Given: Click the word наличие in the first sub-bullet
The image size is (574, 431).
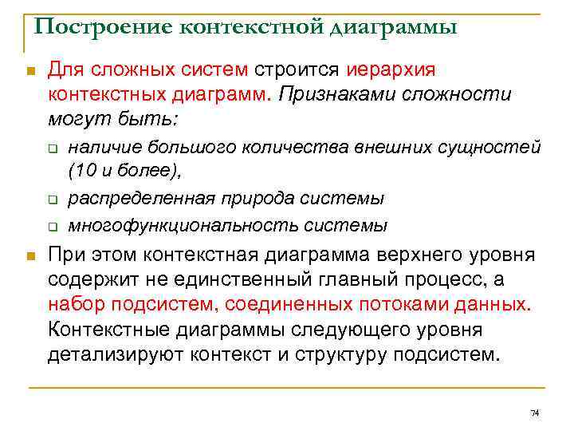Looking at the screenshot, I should pos(98,148).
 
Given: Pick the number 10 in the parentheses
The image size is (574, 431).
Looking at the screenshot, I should pos(83,170).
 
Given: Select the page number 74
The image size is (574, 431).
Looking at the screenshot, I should pos(535,413).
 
